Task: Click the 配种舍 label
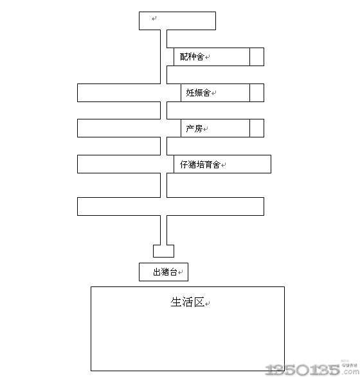[x=192, y=57]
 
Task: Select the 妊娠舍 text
[x=198, y=92]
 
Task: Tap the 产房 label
[x=194, y=128]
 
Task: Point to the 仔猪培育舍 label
[x=200, y=164]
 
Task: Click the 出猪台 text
[x=165, y=272]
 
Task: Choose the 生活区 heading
[x=188, y=302]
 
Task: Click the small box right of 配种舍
[x=256, y=57]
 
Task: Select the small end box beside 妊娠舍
[x=256, y=92]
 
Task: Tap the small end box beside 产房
[x=256, y=128]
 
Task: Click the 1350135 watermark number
[x=303, y=369]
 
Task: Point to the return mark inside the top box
[x=154, y=18]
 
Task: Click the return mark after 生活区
[x=208, y=304]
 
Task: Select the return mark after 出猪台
[x=180, y=272]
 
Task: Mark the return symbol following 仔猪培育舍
[x=223, y=165]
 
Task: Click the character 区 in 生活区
[x=199, y=302]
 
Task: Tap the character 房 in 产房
[x=199, y=128]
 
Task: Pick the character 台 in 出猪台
[x=174, y=272]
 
